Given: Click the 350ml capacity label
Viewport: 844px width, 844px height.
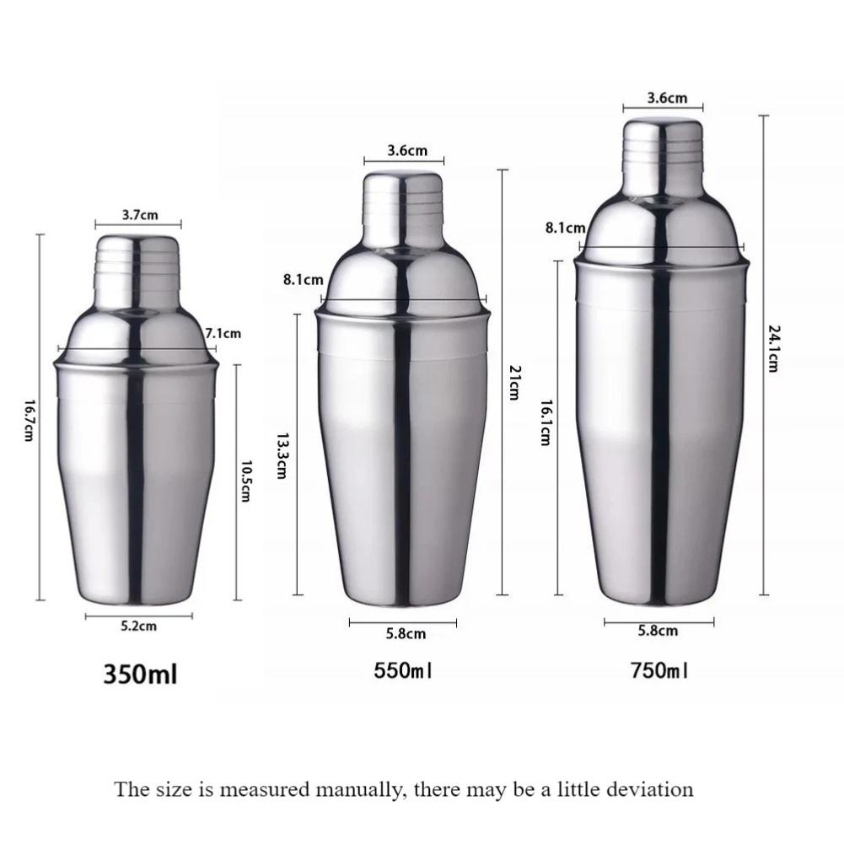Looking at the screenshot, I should [141, 675].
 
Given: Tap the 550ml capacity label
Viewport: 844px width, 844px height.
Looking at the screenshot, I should [403, 671].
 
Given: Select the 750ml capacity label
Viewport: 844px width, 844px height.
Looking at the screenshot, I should [659, 671].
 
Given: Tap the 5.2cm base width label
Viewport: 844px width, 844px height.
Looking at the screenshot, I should [138, 626].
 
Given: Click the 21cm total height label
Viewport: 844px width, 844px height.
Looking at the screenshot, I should [515, 382].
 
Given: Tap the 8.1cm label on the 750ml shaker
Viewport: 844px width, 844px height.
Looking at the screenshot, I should [564, 228].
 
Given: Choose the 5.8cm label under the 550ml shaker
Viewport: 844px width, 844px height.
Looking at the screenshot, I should [406, 633].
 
